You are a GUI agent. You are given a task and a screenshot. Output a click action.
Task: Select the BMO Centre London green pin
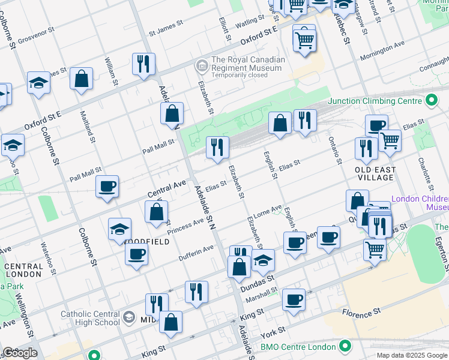click(345, 347)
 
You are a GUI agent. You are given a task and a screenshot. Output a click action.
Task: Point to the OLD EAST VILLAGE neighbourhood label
click(375, 173)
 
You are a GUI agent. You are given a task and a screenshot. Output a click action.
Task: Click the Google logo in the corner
click(19, 353)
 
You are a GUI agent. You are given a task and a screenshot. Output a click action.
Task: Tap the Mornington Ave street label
click(382, 54)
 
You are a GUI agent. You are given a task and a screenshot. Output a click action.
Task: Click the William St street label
click(111, 70)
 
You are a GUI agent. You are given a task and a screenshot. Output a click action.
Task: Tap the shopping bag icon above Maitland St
click(81, 78)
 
